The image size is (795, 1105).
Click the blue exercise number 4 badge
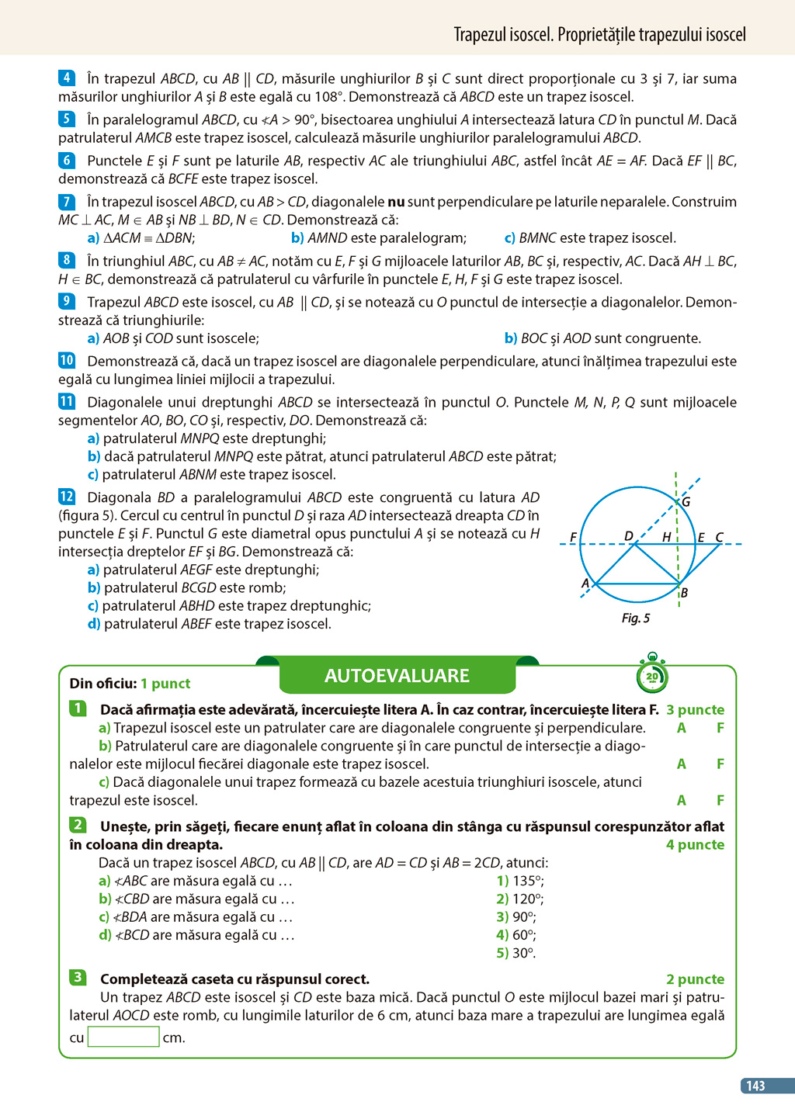67,78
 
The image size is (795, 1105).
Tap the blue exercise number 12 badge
67,497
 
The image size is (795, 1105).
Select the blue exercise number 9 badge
67,301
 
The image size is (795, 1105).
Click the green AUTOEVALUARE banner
397,676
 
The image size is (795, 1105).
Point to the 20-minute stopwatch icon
652,675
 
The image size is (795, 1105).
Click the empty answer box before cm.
123,1037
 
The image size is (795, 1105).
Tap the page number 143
756,1086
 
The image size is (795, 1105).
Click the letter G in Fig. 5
686,502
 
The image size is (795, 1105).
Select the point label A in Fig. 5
585,584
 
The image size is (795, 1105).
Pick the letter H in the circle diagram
666,537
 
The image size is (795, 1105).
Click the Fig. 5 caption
635,618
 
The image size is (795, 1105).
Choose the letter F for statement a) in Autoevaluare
720,728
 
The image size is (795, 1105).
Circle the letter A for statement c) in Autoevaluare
681,800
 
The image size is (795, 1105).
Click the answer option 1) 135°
520,881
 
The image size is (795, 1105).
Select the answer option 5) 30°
516,953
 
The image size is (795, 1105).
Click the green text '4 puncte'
695,844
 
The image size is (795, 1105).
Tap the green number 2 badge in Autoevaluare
78,825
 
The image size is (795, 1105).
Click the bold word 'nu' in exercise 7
396,202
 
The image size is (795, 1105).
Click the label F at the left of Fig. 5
573,537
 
